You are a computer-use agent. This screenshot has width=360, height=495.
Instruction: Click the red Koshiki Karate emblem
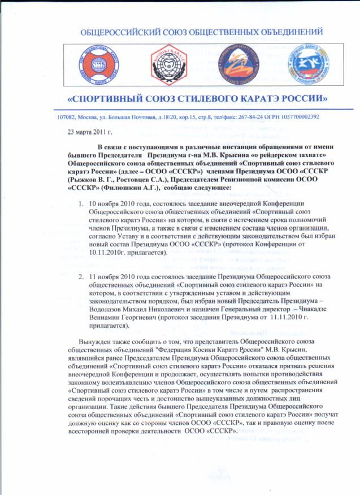[163, 62]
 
